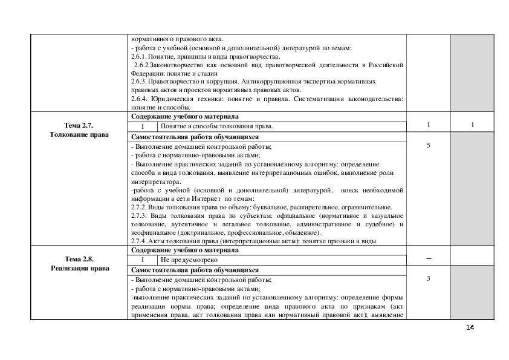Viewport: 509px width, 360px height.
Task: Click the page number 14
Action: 470,327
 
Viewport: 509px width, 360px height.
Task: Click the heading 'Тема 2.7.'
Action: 79,125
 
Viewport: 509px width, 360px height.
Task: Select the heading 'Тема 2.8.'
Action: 79,259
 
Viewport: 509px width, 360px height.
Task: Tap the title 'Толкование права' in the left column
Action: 79,134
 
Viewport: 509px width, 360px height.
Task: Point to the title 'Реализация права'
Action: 79,268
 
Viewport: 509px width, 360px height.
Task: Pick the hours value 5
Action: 428,146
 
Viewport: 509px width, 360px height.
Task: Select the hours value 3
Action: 428,279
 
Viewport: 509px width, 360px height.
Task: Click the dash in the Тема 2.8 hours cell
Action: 428,259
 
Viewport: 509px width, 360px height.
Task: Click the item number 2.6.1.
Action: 139,56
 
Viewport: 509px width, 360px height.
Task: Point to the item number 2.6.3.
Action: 139,81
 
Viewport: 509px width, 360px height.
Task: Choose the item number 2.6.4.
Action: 139,98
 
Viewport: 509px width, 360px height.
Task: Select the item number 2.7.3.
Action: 139,216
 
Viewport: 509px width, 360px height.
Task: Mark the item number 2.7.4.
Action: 139,241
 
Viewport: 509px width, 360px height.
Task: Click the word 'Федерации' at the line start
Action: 145,73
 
